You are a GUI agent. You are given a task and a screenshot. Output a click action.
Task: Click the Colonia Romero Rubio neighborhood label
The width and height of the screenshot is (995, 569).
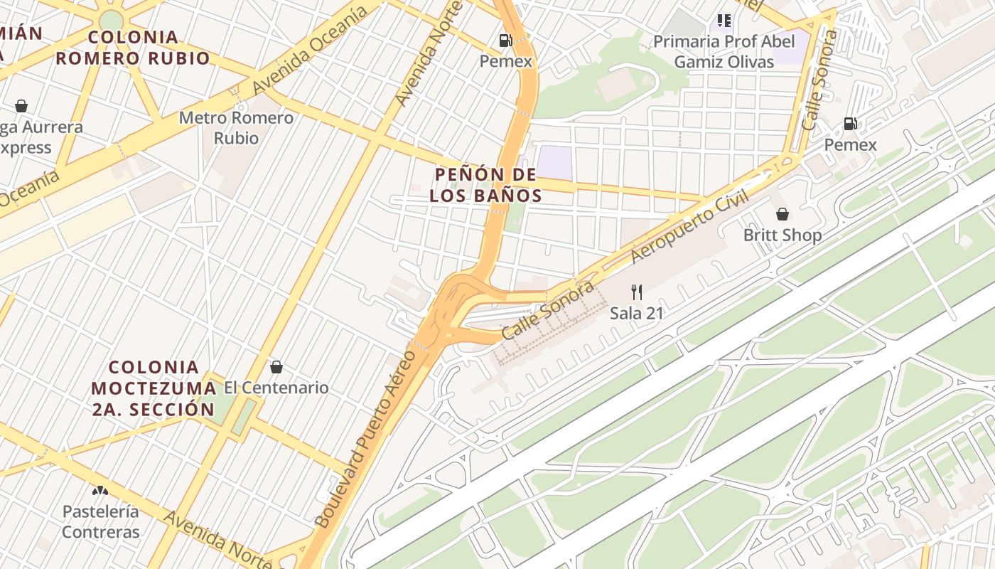tap(133, 48)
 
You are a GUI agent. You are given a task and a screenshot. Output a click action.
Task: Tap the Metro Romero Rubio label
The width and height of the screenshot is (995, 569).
tap(235, 127)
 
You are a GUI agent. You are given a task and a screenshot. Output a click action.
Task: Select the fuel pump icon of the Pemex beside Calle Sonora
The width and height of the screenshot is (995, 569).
tap(850, 124)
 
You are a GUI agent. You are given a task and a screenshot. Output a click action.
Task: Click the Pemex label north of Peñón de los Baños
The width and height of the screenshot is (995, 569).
tap(505, 61)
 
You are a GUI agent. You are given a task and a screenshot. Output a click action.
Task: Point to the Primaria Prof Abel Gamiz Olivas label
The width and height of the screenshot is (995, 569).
tap(724, 51)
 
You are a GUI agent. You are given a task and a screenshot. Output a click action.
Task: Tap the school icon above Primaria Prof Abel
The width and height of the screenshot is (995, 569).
tap(724, 21)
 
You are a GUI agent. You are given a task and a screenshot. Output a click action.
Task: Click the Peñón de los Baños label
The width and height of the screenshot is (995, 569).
tap(486, 185)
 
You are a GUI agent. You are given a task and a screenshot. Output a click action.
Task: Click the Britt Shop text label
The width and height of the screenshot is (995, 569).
tap(782, 235)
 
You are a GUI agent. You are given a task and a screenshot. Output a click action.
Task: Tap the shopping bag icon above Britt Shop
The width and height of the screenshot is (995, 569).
tap(782, 214)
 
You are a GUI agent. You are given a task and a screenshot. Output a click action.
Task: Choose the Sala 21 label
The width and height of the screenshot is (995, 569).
tap(636, 313)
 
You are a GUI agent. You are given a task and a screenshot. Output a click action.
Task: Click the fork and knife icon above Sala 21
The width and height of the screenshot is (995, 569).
tap(636, 292)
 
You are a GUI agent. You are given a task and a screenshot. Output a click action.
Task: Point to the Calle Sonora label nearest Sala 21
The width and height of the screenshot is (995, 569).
tap(547, 310)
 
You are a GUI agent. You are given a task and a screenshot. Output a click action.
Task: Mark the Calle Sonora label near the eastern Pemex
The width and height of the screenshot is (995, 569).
tap(819, 80)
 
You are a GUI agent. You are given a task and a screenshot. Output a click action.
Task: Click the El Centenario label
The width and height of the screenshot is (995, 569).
tap(276, 388)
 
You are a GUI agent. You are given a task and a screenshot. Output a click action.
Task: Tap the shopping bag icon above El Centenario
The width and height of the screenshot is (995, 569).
tap(276, 367)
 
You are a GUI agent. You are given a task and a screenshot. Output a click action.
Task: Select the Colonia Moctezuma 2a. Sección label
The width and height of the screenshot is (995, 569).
tap(154, 388)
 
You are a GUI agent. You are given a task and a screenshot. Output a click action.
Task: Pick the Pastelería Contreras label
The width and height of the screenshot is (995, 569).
tap(100, 521)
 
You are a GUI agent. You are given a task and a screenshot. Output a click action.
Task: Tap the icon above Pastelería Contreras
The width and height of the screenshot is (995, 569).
tap(100, 491)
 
